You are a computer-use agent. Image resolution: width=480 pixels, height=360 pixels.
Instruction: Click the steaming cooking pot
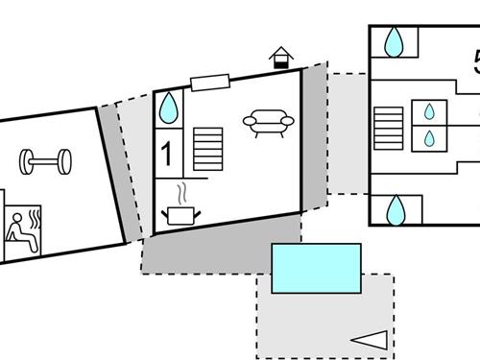[x=180, y=215]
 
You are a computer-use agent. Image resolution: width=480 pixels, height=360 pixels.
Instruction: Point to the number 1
[x=167, y=154]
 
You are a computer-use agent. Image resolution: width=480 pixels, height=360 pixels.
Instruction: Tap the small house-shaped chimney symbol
[x=280, y=58]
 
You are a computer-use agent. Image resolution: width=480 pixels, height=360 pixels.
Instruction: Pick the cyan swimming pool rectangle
[x=316, y=268]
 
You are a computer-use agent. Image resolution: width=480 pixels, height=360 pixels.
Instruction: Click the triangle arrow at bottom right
[x=370, y=339]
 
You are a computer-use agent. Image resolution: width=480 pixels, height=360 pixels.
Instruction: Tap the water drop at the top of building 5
[x=394, y=42]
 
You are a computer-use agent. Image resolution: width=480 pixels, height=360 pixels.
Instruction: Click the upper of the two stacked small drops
[x=429, y=111]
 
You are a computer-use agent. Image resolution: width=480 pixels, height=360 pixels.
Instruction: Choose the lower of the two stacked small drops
[x=429, y=138]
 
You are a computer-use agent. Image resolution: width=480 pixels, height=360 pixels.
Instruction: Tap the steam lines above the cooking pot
[x=180, y=193]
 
